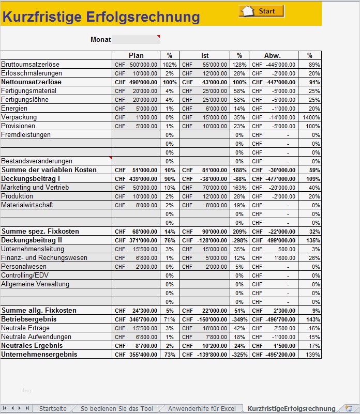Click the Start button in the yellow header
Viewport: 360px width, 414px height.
pos(262,11)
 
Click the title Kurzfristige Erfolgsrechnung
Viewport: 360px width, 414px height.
pos(101,17)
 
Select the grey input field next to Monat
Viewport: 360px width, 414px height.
pos(136,39)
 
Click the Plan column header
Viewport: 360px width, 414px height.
pos(136,55)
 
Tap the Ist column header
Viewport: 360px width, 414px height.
pos(205,55)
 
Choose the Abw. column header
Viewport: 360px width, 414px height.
pos(273,55)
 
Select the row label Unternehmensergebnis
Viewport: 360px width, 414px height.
pos(39,355)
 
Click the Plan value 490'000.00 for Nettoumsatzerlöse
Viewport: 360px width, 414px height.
pos(143,82)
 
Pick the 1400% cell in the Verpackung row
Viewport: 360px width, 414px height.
pos(312,117)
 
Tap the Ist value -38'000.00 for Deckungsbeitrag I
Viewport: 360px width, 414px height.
pos(211,179)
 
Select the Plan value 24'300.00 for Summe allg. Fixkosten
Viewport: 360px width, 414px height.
pos(144,311)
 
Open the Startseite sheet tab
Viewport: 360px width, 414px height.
pos(53,409)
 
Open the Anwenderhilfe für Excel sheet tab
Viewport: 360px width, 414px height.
pos(202,409)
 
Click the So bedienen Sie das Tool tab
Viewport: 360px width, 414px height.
pos(117,409)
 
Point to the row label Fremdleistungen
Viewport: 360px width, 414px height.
pos(26,135)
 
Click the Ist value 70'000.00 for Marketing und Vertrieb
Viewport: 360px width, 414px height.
pos(212,188)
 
